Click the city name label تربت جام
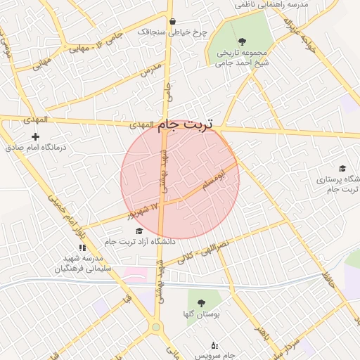click(190, 124)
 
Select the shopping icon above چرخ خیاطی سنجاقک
click(172, 21)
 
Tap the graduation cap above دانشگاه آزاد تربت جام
click(139, 231)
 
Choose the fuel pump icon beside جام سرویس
click(214, 345)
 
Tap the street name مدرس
click(150, 69)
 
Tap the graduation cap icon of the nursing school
click(342, 169)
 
